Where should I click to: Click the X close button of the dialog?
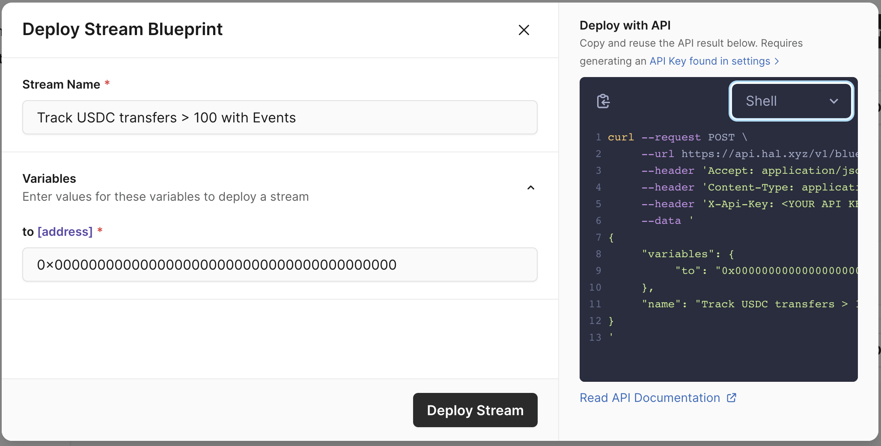(x=524, y=30)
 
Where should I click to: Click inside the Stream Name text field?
(x=280, y=117)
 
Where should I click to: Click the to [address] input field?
(x=280, y=265)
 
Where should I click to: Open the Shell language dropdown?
(x=792, y=101)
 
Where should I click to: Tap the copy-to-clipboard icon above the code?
(x=603, y=101)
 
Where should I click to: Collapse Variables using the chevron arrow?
(x=531, y=187)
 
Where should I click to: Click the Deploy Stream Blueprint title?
(x=122, y=29)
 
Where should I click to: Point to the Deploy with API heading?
(x=625, y=25)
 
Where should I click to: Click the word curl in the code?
(x=621, y=137)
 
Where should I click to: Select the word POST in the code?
(x=721, y=137)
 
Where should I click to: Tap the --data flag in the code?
(x=661, y=220)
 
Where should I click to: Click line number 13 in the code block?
(x=595, y=337)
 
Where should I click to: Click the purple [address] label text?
(x=65, y=232)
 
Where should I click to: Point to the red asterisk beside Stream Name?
(x=107, y=83)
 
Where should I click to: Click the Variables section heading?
(x=49, y=178)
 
